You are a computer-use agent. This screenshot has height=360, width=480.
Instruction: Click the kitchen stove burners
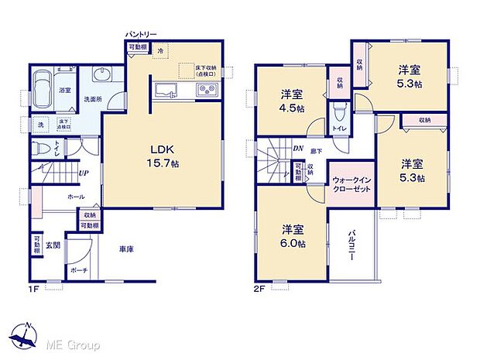pos(207,91)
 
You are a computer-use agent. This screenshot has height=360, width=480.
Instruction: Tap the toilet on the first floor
pos(43,146)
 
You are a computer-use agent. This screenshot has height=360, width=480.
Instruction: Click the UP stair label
pos(82,173)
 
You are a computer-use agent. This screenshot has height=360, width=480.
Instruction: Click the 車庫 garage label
pos(127,249)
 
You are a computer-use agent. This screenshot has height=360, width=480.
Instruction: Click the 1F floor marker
pos(35,290)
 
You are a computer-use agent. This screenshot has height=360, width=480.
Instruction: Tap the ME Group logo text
pos(76,342)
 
